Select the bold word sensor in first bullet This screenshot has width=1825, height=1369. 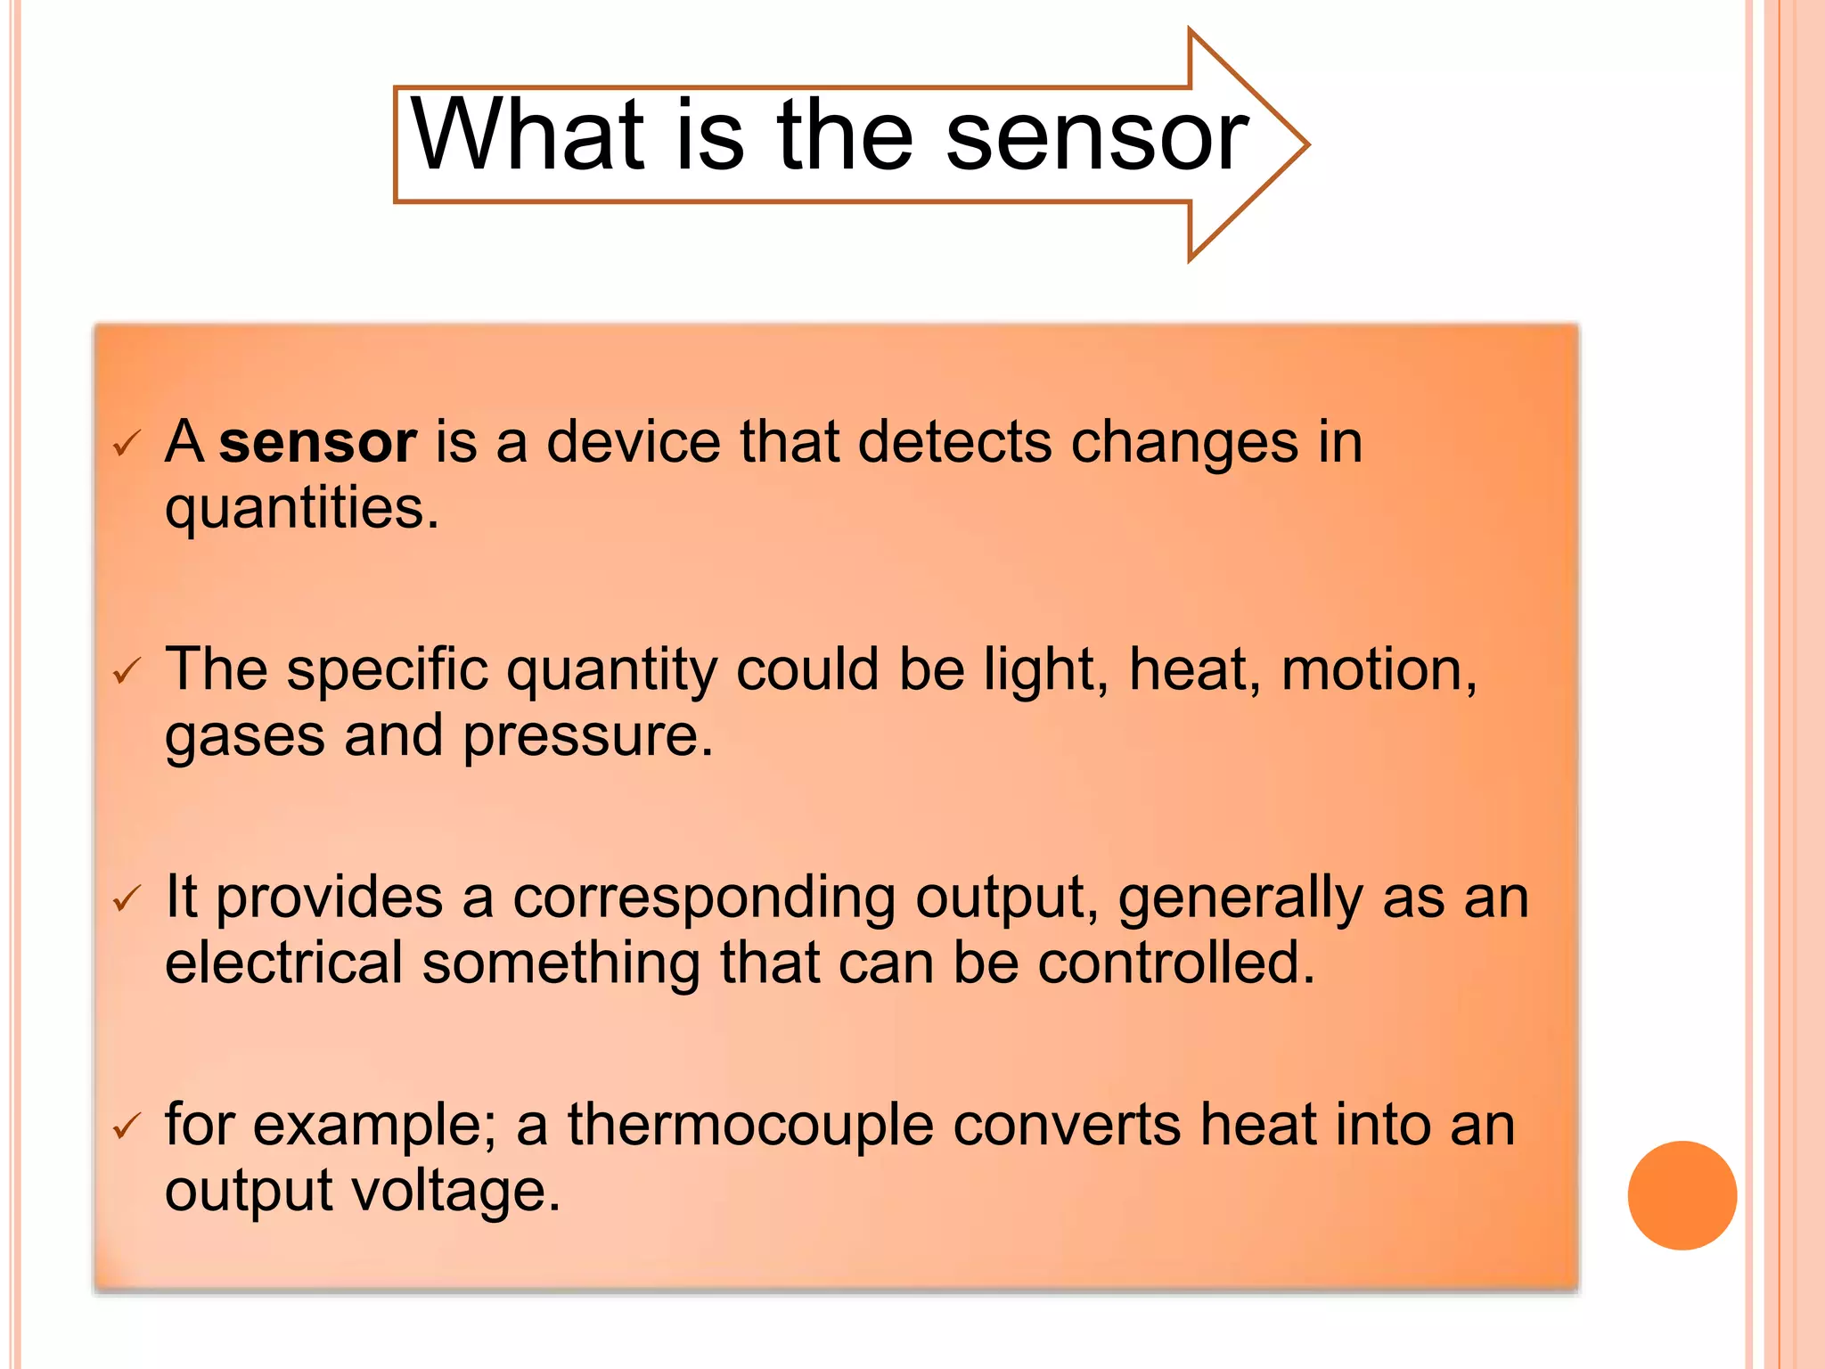tap(317, 442)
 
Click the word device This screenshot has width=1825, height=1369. tap(633, 442)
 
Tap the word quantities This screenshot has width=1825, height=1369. tap(301, 509)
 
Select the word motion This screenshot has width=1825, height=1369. tap(1378, 670)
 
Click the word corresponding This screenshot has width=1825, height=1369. tap(703, 898)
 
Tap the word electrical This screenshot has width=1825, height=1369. tap(283, 963)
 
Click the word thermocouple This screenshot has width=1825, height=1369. tap(750, 1125)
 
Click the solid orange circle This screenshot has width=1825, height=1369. tap(1682, 1195)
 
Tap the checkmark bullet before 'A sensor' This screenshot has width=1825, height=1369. tap(127, 443)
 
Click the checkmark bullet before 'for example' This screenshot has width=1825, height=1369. tap(127, 1127)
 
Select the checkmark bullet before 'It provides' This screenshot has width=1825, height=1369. tap(127, 899)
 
